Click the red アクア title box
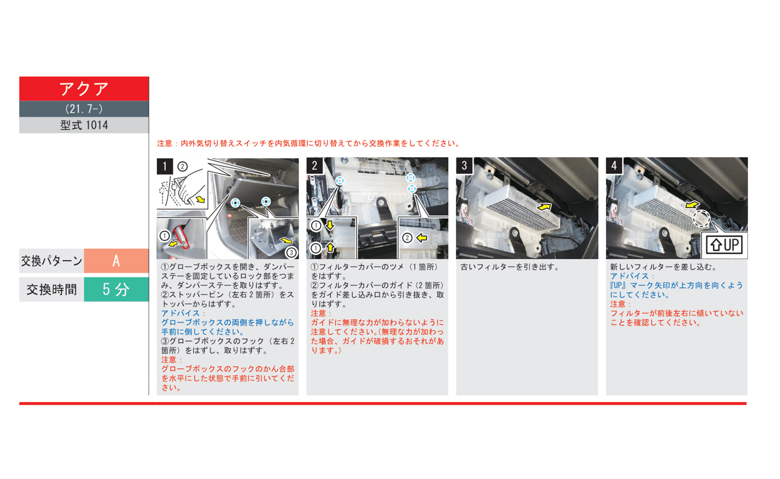click(x=84, y=89)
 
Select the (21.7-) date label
click(x=84, y=109)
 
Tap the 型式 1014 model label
click(x=84, y=125)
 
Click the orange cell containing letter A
click(x=116, y=261)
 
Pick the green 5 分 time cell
click(x=116, y=290)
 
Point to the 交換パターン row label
click(x=52, y=261)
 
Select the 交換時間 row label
click(x=52, y=290)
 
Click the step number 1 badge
click(x=165, y=166)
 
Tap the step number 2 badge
click(x=315, y=166)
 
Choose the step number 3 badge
click(x=464, y=166)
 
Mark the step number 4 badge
click(x=614, y=166)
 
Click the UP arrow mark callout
click(x=724, y=245)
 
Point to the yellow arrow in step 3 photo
click(x=544, y=207)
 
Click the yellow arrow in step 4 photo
click(x=692, y=204)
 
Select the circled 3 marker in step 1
click(x=291, y=252)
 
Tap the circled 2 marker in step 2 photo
click(x=407, y=238)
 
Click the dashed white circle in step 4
click(x=702, y=219)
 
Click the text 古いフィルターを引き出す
click(x=510, y=267)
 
